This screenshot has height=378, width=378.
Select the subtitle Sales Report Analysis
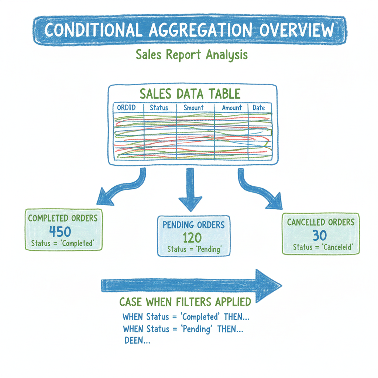click(192, 55)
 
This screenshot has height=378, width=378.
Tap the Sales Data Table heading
click(190, 93)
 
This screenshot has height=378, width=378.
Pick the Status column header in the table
click(159, 108)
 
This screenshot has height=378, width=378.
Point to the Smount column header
click(193, 108)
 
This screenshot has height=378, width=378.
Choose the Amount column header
click(232, 108)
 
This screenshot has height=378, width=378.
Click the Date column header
click(259, 108)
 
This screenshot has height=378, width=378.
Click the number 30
click(320, 235)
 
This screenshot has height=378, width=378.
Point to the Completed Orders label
click(63, 218)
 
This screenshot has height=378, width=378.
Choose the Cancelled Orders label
click(321, 222)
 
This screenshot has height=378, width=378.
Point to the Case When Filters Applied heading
click(185, 302)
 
